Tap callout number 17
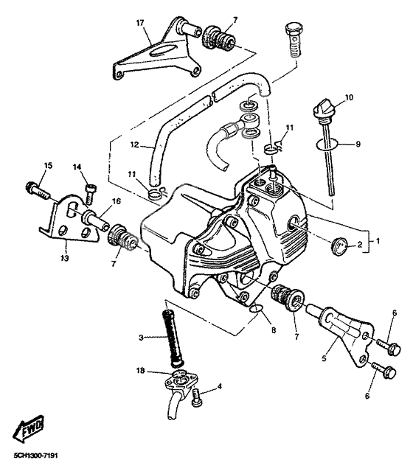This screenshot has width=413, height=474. (139, 22)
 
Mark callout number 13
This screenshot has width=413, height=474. (64, 258)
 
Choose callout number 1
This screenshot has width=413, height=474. (380, 240)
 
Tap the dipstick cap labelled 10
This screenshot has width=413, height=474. (322, 111)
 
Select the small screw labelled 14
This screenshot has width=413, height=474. (89, 194)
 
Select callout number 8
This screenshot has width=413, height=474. (273, 331)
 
